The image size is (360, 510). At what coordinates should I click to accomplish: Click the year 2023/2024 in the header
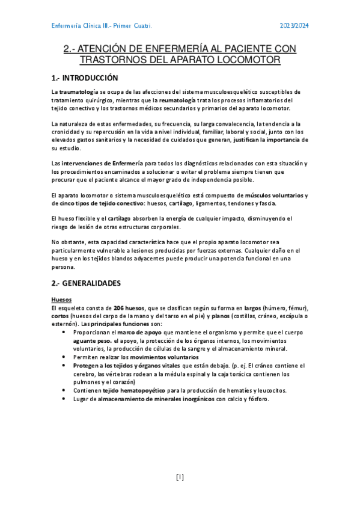(294, 26)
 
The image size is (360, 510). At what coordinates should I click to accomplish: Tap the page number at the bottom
(180, 478)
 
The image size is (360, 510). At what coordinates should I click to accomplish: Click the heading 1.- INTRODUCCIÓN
(85, 78)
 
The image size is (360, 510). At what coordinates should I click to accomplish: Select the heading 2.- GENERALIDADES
(86, 282)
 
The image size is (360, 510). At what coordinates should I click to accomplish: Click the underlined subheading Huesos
(61, 298)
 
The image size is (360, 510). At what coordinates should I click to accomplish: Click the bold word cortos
(60, 316)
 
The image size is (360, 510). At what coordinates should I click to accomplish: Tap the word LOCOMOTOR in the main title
(245, 60)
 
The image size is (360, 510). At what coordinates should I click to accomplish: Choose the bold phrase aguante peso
(92, 340)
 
